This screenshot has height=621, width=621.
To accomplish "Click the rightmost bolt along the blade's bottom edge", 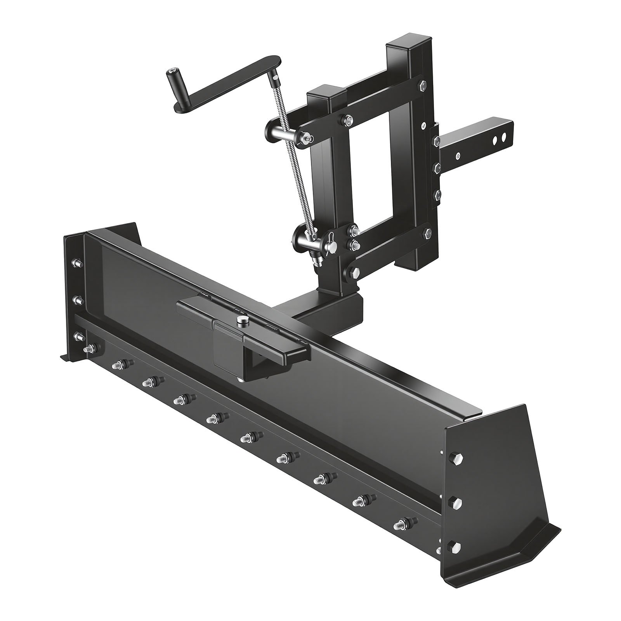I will pos(402,524).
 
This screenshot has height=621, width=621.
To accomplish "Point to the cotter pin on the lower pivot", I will pos(330,236).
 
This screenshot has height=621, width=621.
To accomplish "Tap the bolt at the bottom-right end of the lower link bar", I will pos(428,234).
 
